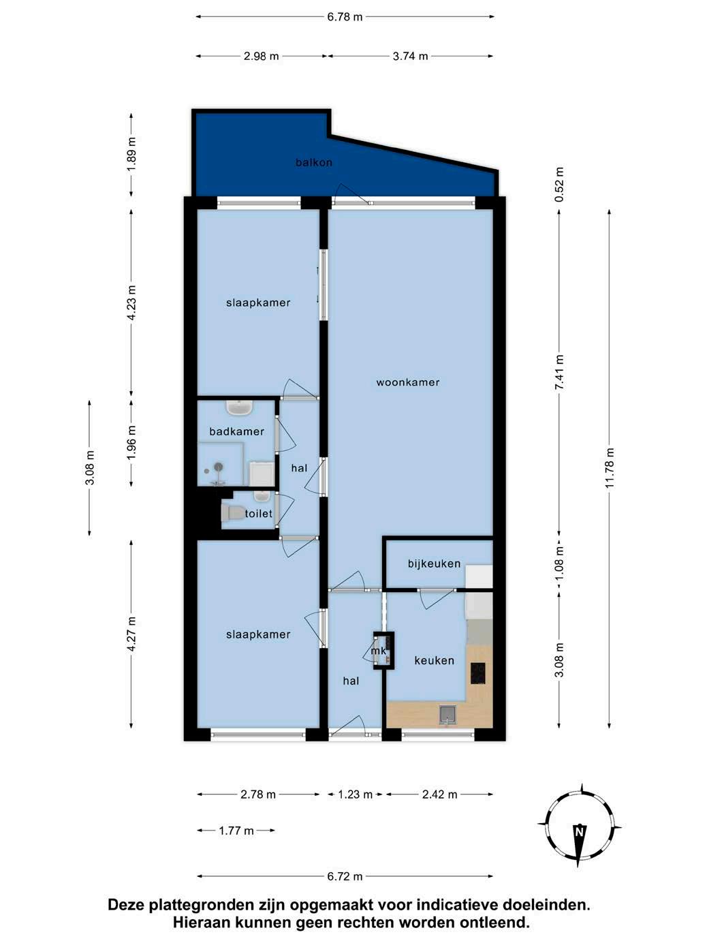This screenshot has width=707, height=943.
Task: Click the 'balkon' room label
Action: [x=314, y=162]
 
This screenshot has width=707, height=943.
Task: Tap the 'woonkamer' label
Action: [x=408, y=382]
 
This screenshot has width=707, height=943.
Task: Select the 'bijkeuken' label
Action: [x=434, y=563]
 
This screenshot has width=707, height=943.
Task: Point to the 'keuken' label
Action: [x=434, y=660]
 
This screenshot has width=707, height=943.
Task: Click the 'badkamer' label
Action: [x=236, y=431]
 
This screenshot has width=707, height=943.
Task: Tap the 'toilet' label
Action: [x=258, y=513]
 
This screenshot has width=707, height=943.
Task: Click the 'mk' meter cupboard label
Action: [x=378, y=651]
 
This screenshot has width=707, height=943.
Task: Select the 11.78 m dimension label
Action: [x=610, y=467]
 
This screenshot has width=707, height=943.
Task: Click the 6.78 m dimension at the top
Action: [x=345, y=17]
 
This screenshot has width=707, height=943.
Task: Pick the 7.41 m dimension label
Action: [x=559, y=372]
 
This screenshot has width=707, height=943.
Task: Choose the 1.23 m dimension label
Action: [x=355, y=794]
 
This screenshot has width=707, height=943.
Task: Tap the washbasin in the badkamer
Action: [x=240, y=407]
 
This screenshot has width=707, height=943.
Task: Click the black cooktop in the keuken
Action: [x=478, y=673]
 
